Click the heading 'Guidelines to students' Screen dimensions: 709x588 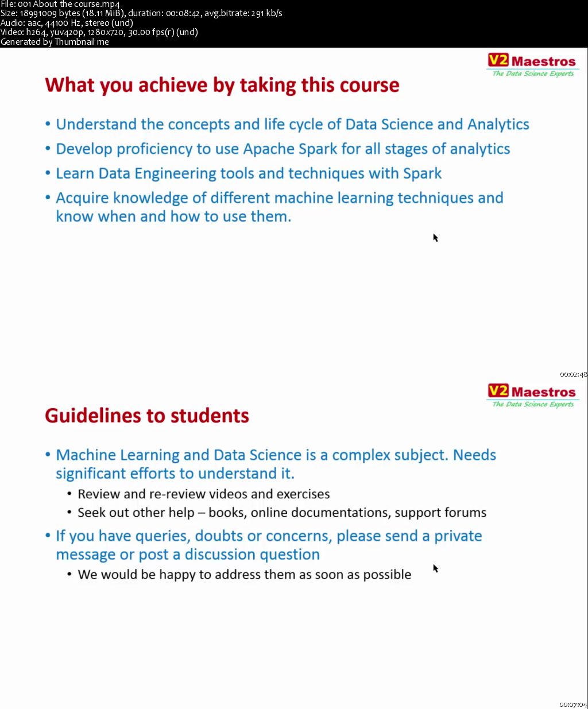[x=147, y=416]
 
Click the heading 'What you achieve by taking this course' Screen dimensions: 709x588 [x=222, y=85]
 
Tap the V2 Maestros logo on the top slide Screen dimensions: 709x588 [x=532, y=65]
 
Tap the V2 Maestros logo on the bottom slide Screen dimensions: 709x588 [x=532, y=396]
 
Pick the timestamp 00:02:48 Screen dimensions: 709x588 [x=573, y=374]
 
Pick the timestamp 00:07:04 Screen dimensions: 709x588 [x=573, y=704]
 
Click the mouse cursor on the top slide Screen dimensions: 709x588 [x=435, y=237]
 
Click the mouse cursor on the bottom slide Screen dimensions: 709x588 [x=435, y=568]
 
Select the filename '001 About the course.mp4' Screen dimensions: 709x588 [x=69, y=4]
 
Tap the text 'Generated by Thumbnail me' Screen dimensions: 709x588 [x=55, y=41]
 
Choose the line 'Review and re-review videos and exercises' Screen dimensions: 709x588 [x=203, y=494]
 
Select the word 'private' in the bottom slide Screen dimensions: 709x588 [x=458, y=536]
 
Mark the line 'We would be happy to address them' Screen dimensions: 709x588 [x=244, y=575]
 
